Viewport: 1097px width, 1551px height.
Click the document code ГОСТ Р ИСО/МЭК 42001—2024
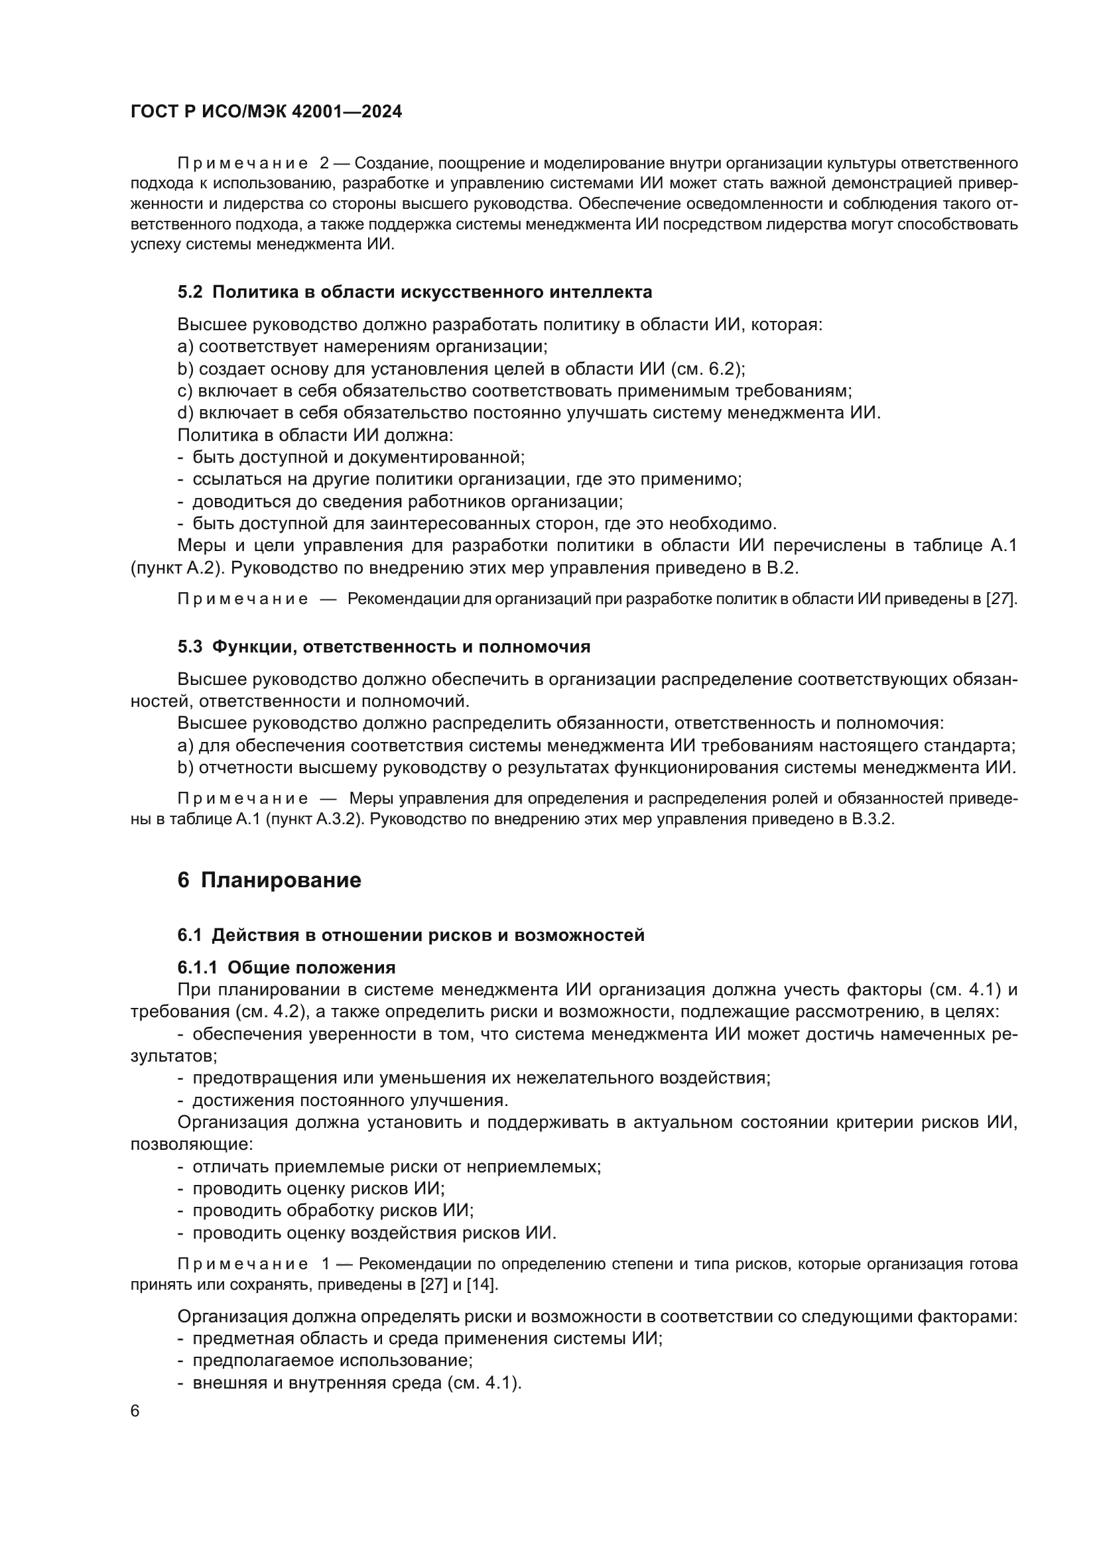(x=266, y=112)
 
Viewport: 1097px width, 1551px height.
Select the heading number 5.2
(x=190, y=292)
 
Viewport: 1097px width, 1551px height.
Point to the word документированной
(x=436, y=458)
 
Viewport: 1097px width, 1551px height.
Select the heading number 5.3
(x=190, y=647)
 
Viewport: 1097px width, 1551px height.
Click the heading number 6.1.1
(x=197, y=968)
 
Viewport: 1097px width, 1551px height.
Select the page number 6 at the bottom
(x=135, y=1412)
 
